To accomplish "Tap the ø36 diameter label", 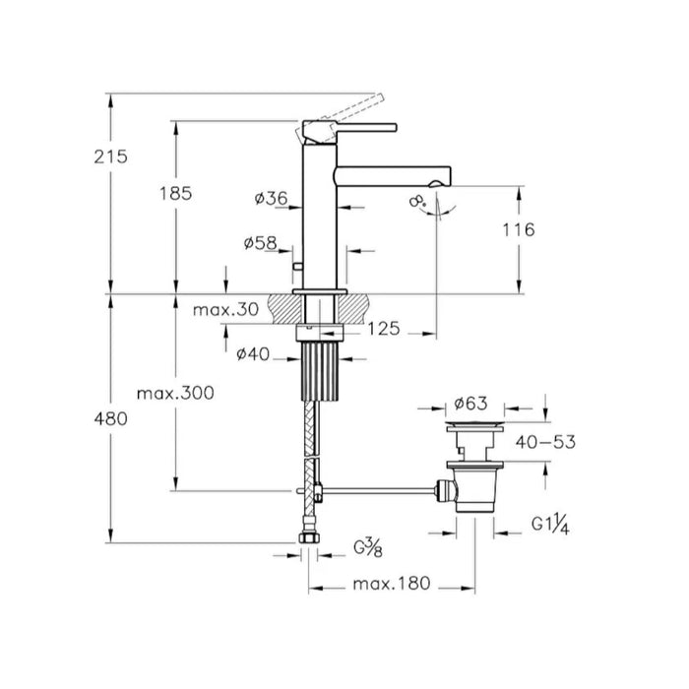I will pos(270,199).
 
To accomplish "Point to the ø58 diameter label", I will pos(259,242).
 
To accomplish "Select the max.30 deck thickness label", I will pos(225,309).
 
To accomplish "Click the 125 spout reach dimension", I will pos(383,329).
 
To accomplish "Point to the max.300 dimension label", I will pos(175,394).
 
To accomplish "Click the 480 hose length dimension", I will pos(110,418).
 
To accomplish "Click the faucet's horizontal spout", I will pos(394,174).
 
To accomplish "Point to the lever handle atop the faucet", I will pos(349,126).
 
